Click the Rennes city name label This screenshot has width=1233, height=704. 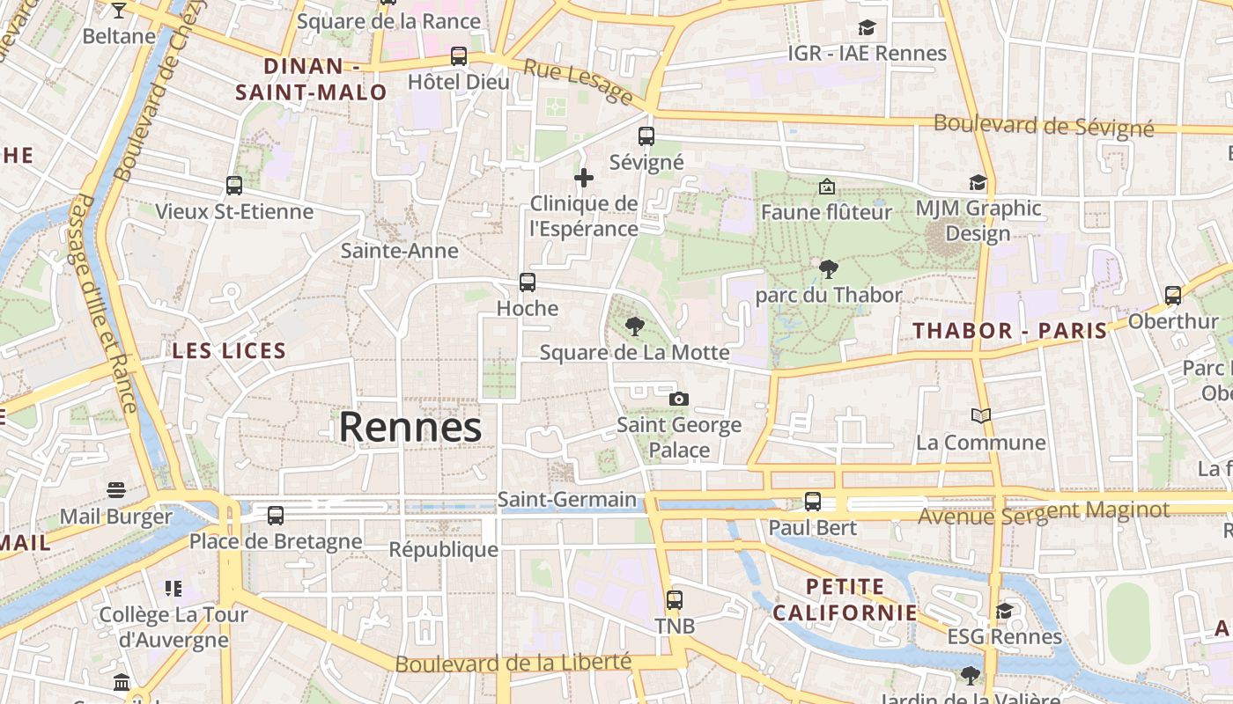point(410,428)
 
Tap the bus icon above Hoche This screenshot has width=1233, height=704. point(527,282)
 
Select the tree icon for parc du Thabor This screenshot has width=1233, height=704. point(828,269)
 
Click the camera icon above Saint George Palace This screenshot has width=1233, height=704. point(678,399)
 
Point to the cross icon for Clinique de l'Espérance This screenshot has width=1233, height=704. point(583,179)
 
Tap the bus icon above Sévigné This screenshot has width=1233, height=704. point(646,136)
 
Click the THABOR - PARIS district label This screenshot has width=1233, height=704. point(1009,332)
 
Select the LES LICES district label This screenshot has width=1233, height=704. point(229,351)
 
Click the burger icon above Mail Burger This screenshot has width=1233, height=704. point(116,489)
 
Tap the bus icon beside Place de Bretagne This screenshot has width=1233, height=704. point(276,516)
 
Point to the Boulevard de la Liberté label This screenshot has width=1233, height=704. point(513,663)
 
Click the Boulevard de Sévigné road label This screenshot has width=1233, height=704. point(1044,125)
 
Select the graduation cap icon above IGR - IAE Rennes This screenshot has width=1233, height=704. point(868,28)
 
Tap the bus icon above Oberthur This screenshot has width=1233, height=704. point(1173,296)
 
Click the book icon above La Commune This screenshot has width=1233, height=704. point(980,415)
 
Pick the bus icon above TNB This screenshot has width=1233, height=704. point(675,600)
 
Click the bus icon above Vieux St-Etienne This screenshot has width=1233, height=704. point(234,186)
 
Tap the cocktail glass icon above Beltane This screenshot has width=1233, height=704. point(119,11)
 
